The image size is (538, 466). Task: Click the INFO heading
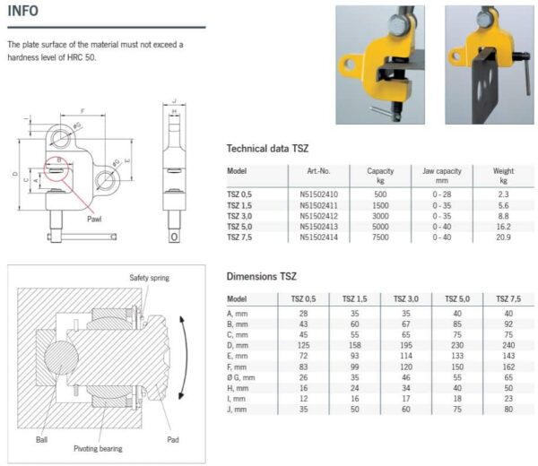(x=24, y=12)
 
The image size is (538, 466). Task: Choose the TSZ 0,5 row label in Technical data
(x=240, y=194)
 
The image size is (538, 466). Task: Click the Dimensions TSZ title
(x=261, y=277)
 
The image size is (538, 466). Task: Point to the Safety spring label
(x=148, y=278)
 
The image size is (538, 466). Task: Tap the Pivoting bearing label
(x=99, y=448)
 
